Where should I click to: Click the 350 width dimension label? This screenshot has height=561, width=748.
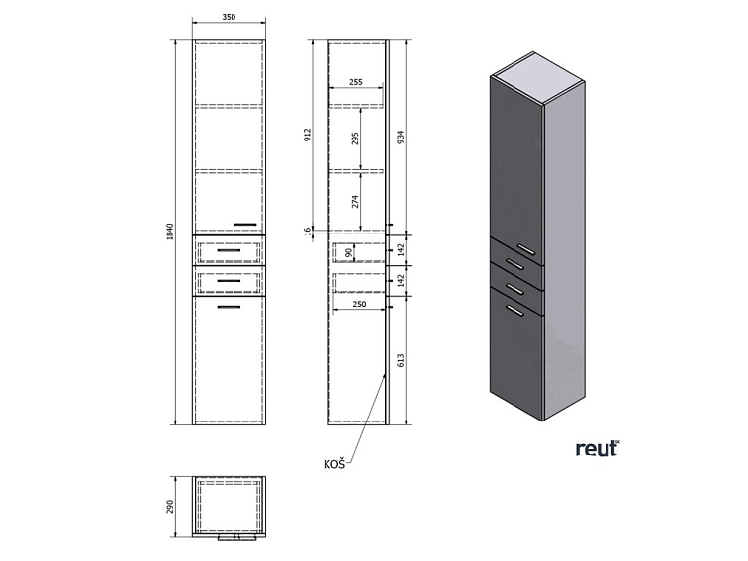(x=229, y=17)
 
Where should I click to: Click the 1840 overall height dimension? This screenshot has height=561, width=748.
(x=171, y=232)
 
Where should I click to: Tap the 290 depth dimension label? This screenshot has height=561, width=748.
(x=171, y=507)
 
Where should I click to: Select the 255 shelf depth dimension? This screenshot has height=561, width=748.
(x=356, y=82)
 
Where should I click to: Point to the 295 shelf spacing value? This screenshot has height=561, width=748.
(x=355, y=139)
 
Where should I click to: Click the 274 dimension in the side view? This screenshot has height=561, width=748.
(x=355, y=201)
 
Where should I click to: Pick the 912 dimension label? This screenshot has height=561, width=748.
(x=308, y=135)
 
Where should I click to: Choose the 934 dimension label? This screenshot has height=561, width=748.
(x=401, y=138)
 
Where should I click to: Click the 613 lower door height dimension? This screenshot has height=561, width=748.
(x=401, y=360)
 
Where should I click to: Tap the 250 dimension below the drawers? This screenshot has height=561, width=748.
(x=359, y=304)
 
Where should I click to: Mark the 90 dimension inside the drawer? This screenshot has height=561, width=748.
(x=348, y=252)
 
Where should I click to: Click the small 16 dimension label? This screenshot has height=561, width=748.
(x=308, y=230)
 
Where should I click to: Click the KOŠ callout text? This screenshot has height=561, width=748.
(x=334, y=464)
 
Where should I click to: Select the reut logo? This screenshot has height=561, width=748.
(x=598, y=449)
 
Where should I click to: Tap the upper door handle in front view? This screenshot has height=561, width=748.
(x=244, y=224)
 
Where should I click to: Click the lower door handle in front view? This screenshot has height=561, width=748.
(x=229, y=307)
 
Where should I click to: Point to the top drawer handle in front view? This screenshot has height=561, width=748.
(x=229, y=250)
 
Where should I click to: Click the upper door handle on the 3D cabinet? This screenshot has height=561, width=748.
(x=526, y=250)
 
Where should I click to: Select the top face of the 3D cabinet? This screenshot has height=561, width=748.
(x=538, y=77)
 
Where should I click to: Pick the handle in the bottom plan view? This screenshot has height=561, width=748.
(x=237, y=538)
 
